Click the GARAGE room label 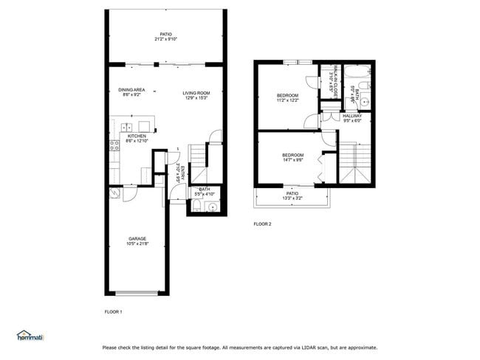tap(137, 238)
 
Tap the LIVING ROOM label tap(196, 92)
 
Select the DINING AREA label tap(131, 89)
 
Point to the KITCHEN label tap(137, 136)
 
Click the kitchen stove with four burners tap(114, 145)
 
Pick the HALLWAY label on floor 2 tap(352, 115)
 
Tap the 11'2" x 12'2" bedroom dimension tap(287, 100)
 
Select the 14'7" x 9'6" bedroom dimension tap(292, 159)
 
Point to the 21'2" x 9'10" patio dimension tap(165, 39)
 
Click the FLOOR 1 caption tap(114, 312)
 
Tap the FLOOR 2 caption tap(263, 224)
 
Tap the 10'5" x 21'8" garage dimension tap(137, 244)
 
